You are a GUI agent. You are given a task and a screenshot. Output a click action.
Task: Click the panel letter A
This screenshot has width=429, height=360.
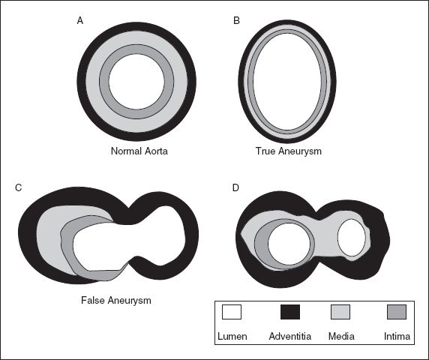point(80,20)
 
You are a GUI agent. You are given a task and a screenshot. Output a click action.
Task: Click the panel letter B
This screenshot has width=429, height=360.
point(237,20)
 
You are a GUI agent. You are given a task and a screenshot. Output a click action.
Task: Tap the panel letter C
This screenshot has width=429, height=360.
point(18,188)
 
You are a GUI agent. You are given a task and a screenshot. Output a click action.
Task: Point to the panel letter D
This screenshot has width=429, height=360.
point(235,188)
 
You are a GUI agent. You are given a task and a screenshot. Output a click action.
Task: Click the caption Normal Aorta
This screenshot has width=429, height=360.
point(139,151)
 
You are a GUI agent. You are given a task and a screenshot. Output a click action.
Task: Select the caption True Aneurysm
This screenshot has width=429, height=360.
point(288,151)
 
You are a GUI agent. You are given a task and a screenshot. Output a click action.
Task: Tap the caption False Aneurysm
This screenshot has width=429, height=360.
point(116,300)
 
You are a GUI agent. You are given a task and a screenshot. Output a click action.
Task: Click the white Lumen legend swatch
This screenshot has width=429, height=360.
point(232,312)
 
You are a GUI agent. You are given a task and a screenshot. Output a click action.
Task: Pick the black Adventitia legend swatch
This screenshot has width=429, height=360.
point(290,312)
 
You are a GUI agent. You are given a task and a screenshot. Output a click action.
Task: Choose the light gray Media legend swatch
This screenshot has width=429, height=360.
point(340,312)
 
